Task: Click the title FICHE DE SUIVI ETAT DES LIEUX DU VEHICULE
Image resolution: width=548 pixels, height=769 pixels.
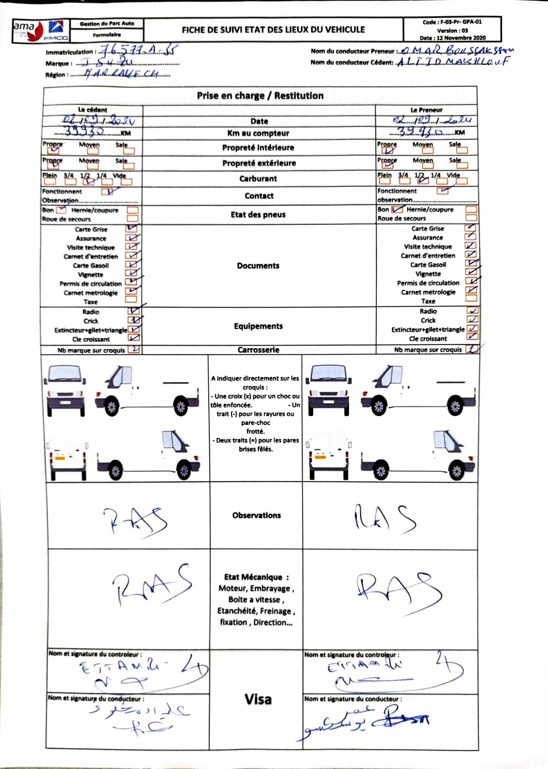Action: [273, 30]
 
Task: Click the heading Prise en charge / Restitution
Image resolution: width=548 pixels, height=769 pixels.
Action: [260, 96]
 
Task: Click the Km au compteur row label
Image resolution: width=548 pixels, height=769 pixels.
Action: [258, 133]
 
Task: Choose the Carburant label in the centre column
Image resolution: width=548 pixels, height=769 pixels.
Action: [258, 179]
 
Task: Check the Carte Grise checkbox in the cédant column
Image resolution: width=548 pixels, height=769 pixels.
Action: [132, 229]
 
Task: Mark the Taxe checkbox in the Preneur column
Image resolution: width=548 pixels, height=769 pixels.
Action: [471, 301]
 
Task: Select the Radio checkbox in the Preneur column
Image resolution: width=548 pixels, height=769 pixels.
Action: [472, 311]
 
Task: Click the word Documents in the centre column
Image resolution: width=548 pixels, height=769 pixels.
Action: [258, 266]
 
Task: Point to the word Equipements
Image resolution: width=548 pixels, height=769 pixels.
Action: [258, 326]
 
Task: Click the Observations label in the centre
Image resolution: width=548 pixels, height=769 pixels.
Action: [257, 515]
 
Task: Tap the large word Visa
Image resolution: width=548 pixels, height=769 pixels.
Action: [258, 699]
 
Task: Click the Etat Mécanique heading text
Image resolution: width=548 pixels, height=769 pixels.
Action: [256, 577]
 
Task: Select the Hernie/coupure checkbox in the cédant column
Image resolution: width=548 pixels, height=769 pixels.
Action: [133, 210]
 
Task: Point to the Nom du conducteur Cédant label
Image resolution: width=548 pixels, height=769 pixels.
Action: [352, 63]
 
